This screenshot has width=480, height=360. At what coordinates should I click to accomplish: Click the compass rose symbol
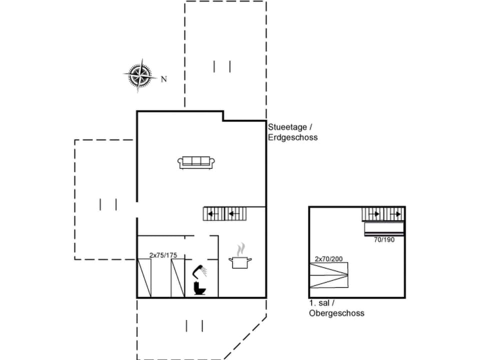click(139, 75)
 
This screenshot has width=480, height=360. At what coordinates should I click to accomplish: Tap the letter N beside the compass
click(163, 79)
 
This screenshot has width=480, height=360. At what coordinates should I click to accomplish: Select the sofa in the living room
click(196, 162)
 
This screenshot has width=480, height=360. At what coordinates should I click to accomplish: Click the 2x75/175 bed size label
click(163, 255)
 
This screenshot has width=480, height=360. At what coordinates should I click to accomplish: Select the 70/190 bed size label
click(384, 240)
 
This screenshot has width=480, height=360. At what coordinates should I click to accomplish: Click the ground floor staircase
click(225, 214)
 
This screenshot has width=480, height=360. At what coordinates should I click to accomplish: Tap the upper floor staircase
click(383, 214)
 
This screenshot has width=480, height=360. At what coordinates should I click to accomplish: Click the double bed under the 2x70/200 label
click(328, 275)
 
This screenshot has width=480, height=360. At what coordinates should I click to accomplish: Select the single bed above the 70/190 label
click(383, 229)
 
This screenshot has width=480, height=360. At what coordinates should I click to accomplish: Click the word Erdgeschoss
click(292, 137)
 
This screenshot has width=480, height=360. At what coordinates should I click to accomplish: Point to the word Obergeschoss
click(336, 313)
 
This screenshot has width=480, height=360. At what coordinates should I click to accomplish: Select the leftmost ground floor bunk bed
click(144, 278)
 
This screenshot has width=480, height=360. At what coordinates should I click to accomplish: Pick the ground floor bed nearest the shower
click(178, 278)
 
